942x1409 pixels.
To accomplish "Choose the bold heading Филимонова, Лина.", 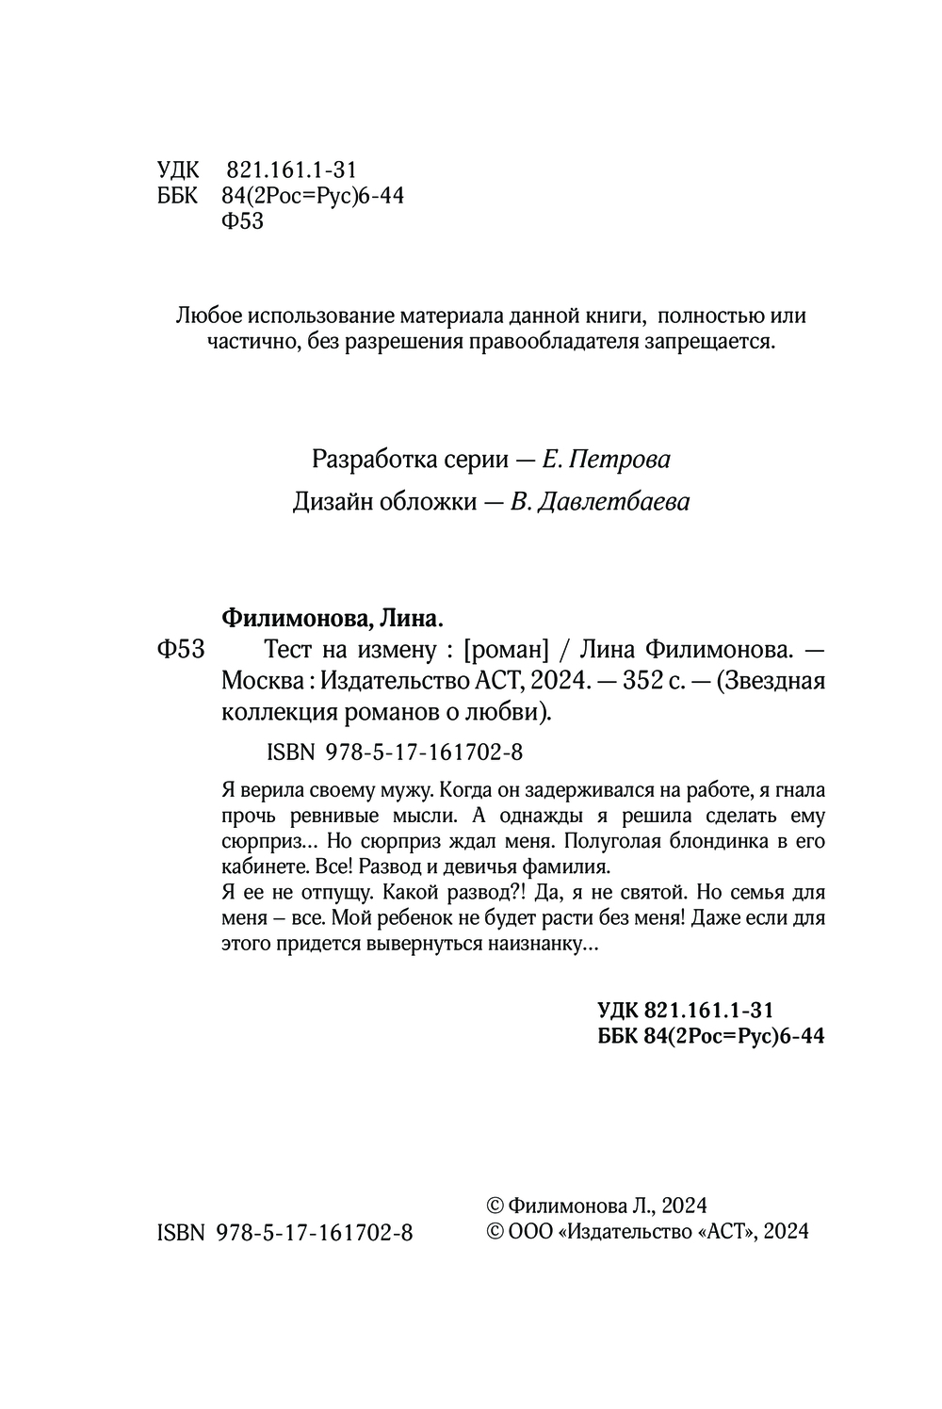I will click(x=331, y=619).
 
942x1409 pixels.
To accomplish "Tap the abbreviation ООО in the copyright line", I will click(x=530, y=1232).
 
